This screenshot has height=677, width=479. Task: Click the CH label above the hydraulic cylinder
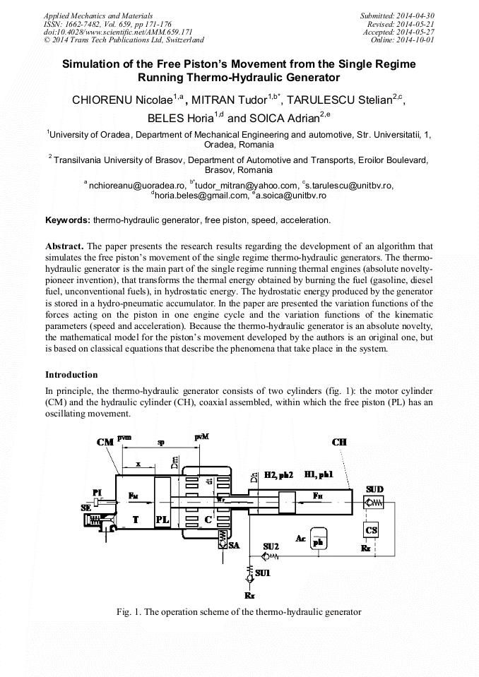tap(339, 442)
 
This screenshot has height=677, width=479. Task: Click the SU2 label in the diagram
tap(271, 546)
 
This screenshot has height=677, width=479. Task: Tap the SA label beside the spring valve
tap(234, 544)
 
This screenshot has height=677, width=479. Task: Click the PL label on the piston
tap(162, 518)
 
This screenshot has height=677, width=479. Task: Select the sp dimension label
tap(161, 443)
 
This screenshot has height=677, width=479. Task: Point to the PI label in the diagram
tap(98, 492)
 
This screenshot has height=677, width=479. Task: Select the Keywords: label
tap(68, 220)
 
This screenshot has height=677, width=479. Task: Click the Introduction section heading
tap(71, 374)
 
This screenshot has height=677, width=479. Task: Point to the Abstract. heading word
tap(65, 246)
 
